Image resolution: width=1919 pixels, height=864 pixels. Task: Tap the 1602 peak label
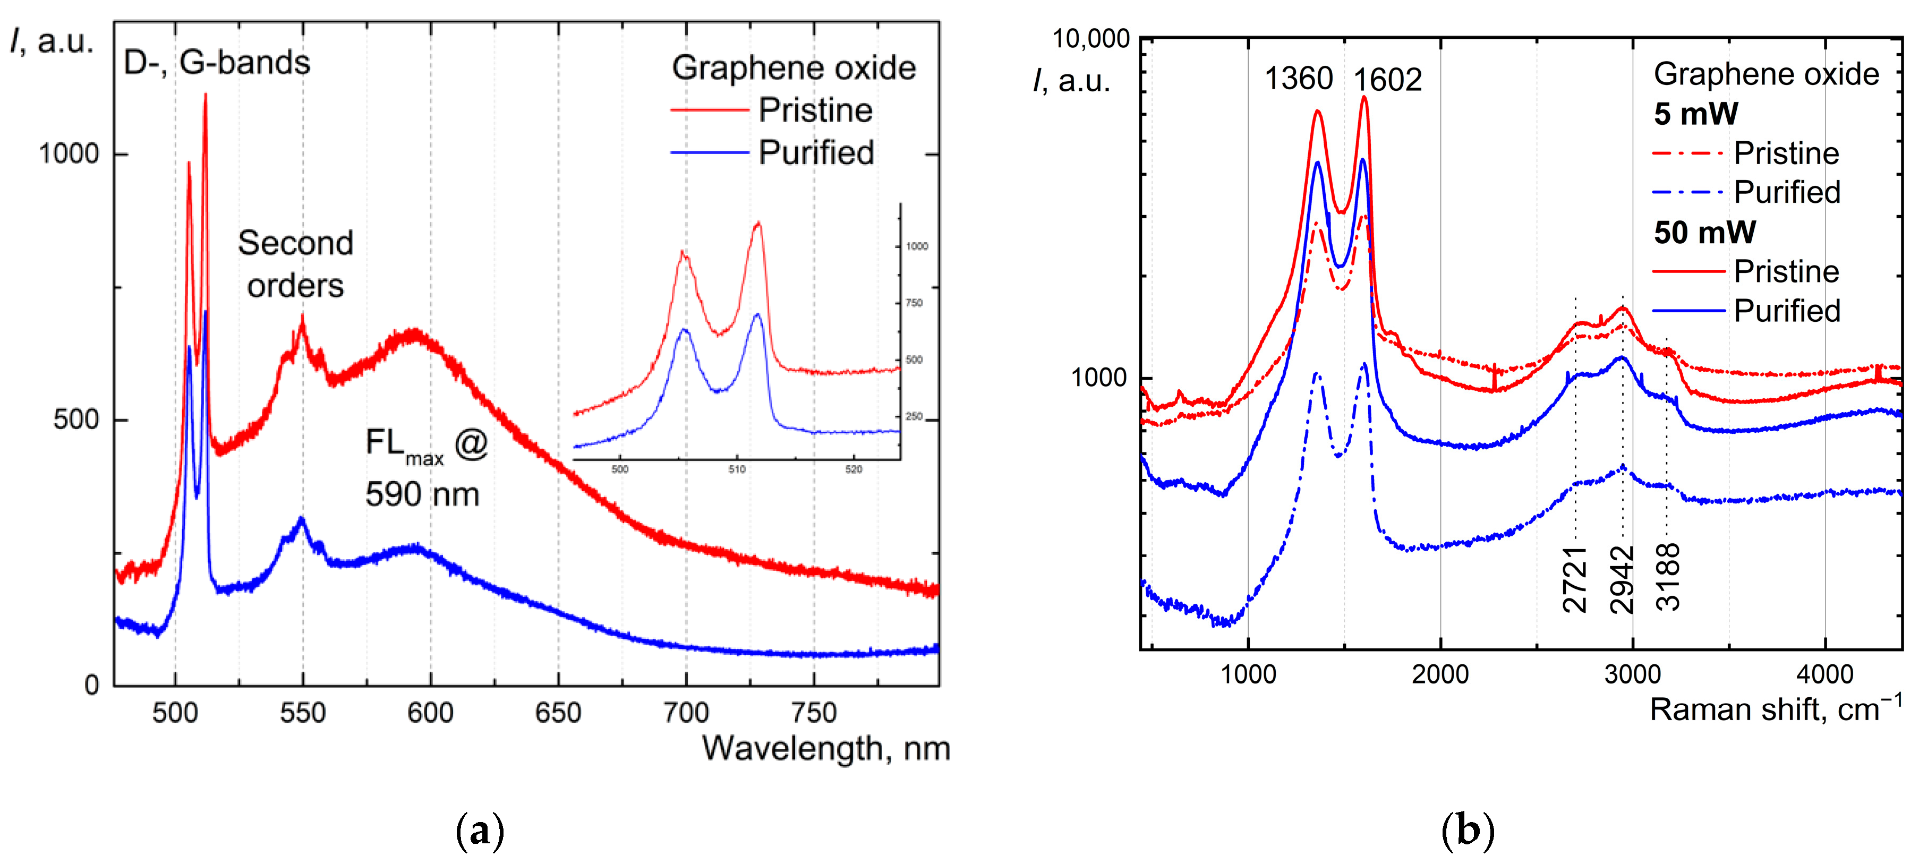point(1387,80)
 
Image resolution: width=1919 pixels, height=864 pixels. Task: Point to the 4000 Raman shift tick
point(1824,675)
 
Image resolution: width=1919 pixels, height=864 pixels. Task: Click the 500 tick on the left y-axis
point(76,420)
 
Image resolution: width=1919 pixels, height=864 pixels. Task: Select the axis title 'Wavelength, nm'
point(825,749)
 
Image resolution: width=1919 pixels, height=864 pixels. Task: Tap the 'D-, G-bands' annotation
point(217,63)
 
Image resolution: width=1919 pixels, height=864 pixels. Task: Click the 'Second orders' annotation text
point(296,264)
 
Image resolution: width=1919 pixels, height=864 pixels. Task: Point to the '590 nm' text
point(422,494)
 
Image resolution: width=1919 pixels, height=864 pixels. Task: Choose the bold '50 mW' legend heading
point(1704,233)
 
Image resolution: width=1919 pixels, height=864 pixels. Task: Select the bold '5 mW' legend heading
point(1695,114)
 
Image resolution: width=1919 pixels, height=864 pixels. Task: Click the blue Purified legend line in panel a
point(709,153)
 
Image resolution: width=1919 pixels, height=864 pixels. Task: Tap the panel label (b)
point(1468,831)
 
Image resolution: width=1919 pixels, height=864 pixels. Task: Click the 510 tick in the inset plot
point(736,469)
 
